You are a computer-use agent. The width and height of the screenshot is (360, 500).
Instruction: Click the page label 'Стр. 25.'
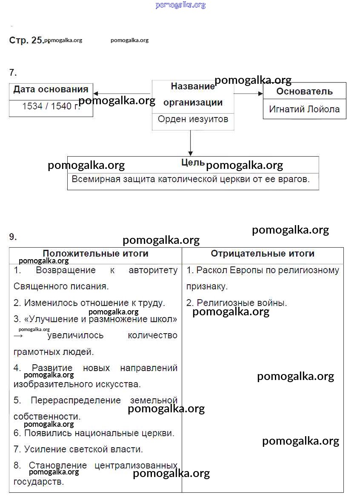[26, 40]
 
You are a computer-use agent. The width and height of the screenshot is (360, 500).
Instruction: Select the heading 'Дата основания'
[51, 89]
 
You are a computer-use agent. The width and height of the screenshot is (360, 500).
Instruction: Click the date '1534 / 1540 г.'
[51, 106]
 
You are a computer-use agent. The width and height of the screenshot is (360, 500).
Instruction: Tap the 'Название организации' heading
[193, 94]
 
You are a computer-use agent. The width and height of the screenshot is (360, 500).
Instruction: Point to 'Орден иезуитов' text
[193, 119]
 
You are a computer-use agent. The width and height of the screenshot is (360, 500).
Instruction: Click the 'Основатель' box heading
[304, 91]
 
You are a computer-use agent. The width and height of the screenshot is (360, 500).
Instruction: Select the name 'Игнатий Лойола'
[304, 109]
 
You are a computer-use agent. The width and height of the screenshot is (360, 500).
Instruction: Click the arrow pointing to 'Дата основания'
[122, 94]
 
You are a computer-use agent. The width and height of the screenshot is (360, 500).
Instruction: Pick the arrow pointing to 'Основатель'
[249, 93]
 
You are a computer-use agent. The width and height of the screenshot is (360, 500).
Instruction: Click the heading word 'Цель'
[192, 163]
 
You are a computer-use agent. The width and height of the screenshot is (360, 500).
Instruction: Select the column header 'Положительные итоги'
[95, 254]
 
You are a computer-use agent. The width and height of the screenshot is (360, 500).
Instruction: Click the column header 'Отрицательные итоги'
[263, 254]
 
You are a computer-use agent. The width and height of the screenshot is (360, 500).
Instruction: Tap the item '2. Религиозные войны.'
[237, 303]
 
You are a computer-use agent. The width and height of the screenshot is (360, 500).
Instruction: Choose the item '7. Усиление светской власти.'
[78, 449]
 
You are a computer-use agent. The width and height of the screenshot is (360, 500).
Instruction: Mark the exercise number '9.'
[13, 237]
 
